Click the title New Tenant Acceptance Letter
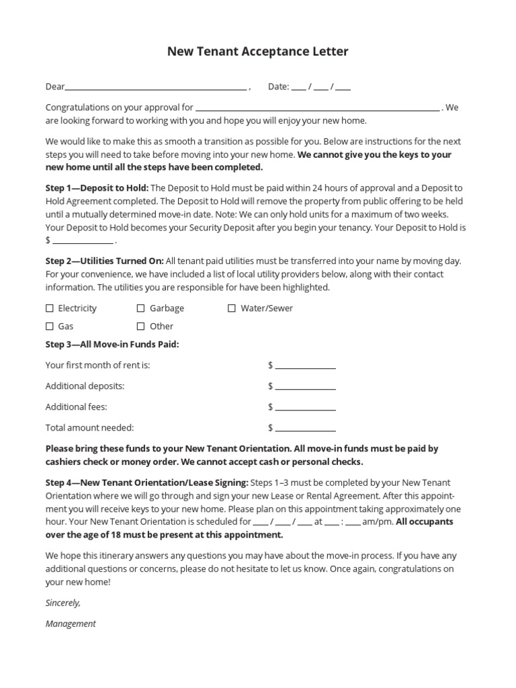click(x=258, y=52)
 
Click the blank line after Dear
click(x=156, y=87)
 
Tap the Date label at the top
click(x=278, y=87)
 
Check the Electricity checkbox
click(x=50, y=308)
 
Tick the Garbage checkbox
click(x=141, y=308)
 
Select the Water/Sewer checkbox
click(x=232, y=308)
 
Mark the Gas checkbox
click(x=50, y=327)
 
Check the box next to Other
click(x=141, y=327)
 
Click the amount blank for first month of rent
click(x=305, y=367)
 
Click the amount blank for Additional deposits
click(x=305, y=388)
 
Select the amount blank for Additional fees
click(x=305, y=408)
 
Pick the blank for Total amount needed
click(x=305, y=429)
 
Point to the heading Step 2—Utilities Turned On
click(x=104, y=261)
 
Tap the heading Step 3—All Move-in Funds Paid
click(x=112, y=345)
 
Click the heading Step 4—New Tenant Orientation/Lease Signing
click(x=146, y=483)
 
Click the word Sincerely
click(x=63, y=603)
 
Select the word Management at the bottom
click(x=71, y=623)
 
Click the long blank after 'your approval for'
click(x=317, y=108)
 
